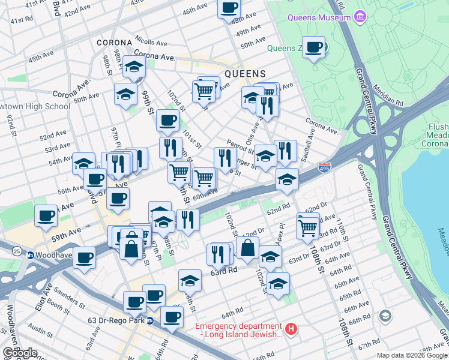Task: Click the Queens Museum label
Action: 319,17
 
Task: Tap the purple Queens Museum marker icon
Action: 360,17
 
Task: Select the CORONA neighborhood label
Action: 114,43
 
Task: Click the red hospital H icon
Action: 291,329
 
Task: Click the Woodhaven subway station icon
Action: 30,255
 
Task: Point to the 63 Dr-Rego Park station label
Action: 113,320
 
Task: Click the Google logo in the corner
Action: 20,353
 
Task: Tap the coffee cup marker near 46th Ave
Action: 228,8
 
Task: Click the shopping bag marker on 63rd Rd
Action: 247,247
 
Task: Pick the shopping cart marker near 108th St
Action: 307,227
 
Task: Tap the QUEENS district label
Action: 245,74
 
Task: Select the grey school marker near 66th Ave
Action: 385,316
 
